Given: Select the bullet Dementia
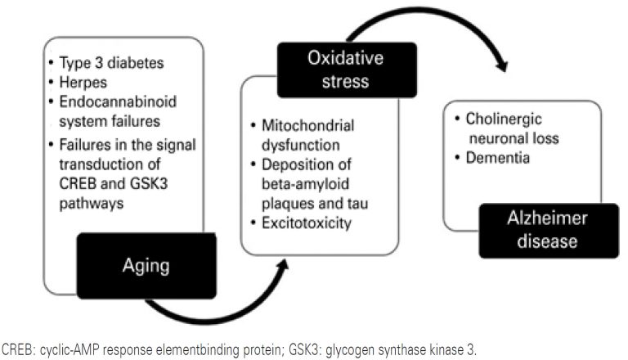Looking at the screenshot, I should (x=501, y=156).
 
